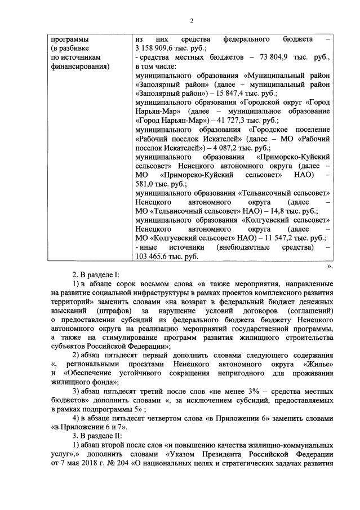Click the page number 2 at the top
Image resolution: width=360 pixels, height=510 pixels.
click(x=191, y=21)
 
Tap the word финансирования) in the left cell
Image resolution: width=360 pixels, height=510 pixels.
click(x=80, y=67)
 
